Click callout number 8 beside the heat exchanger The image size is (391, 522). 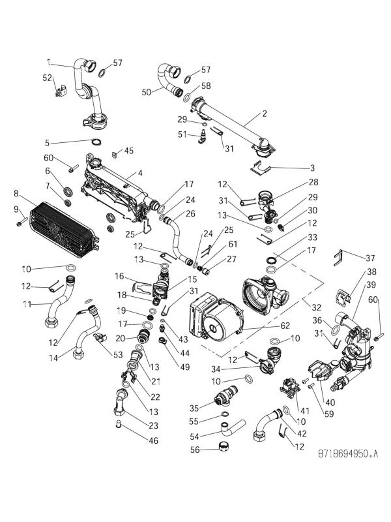16,194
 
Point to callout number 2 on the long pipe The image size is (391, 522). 265,113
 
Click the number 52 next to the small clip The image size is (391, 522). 47,77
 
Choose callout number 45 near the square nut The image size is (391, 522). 128,151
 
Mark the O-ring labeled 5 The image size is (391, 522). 95,143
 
